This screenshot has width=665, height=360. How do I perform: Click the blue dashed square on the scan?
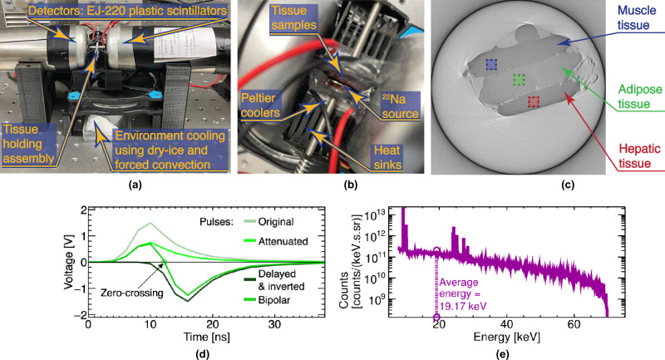(x=491, y=64)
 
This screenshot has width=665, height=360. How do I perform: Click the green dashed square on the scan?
(x=519, y=79)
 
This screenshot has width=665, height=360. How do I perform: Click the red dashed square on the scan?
(x=534, y=101)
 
